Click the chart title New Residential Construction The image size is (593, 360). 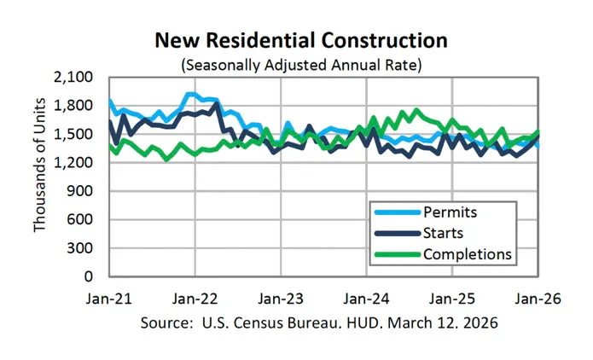tap(300, 41)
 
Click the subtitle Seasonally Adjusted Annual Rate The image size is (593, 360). tap(300, 63)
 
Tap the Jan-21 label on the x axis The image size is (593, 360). tap(109, 299)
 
